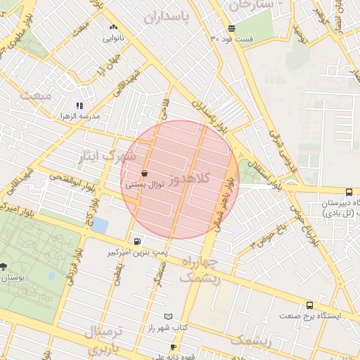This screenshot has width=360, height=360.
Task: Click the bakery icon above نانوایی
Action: pyautogui.click(x=113, y=27)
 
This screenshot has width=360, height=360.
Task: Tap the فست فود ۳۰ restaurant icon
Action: pyautogui.click(x=231, y=29)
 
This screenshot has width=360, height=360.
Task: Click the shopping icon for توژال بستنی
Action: pyautogui.click(x=145, y=173)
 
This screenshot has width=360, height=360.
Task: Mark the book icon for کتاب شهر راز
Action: pyautogui.click(x=167, y=318)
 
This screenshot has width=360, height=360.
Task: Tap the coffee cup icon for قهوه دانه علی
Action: pyautogui.click(x=174, y=347)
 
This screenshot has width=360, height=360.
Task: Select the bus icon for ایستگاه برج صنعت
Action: pyautogui.click(x=310, y=305)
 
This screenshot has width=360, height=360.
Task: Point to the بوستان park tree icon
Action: pyautogui.click(x=4, y=266)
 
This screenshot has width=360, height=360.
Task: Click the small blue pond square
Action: pyautogui.click(x=100, y=226)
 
